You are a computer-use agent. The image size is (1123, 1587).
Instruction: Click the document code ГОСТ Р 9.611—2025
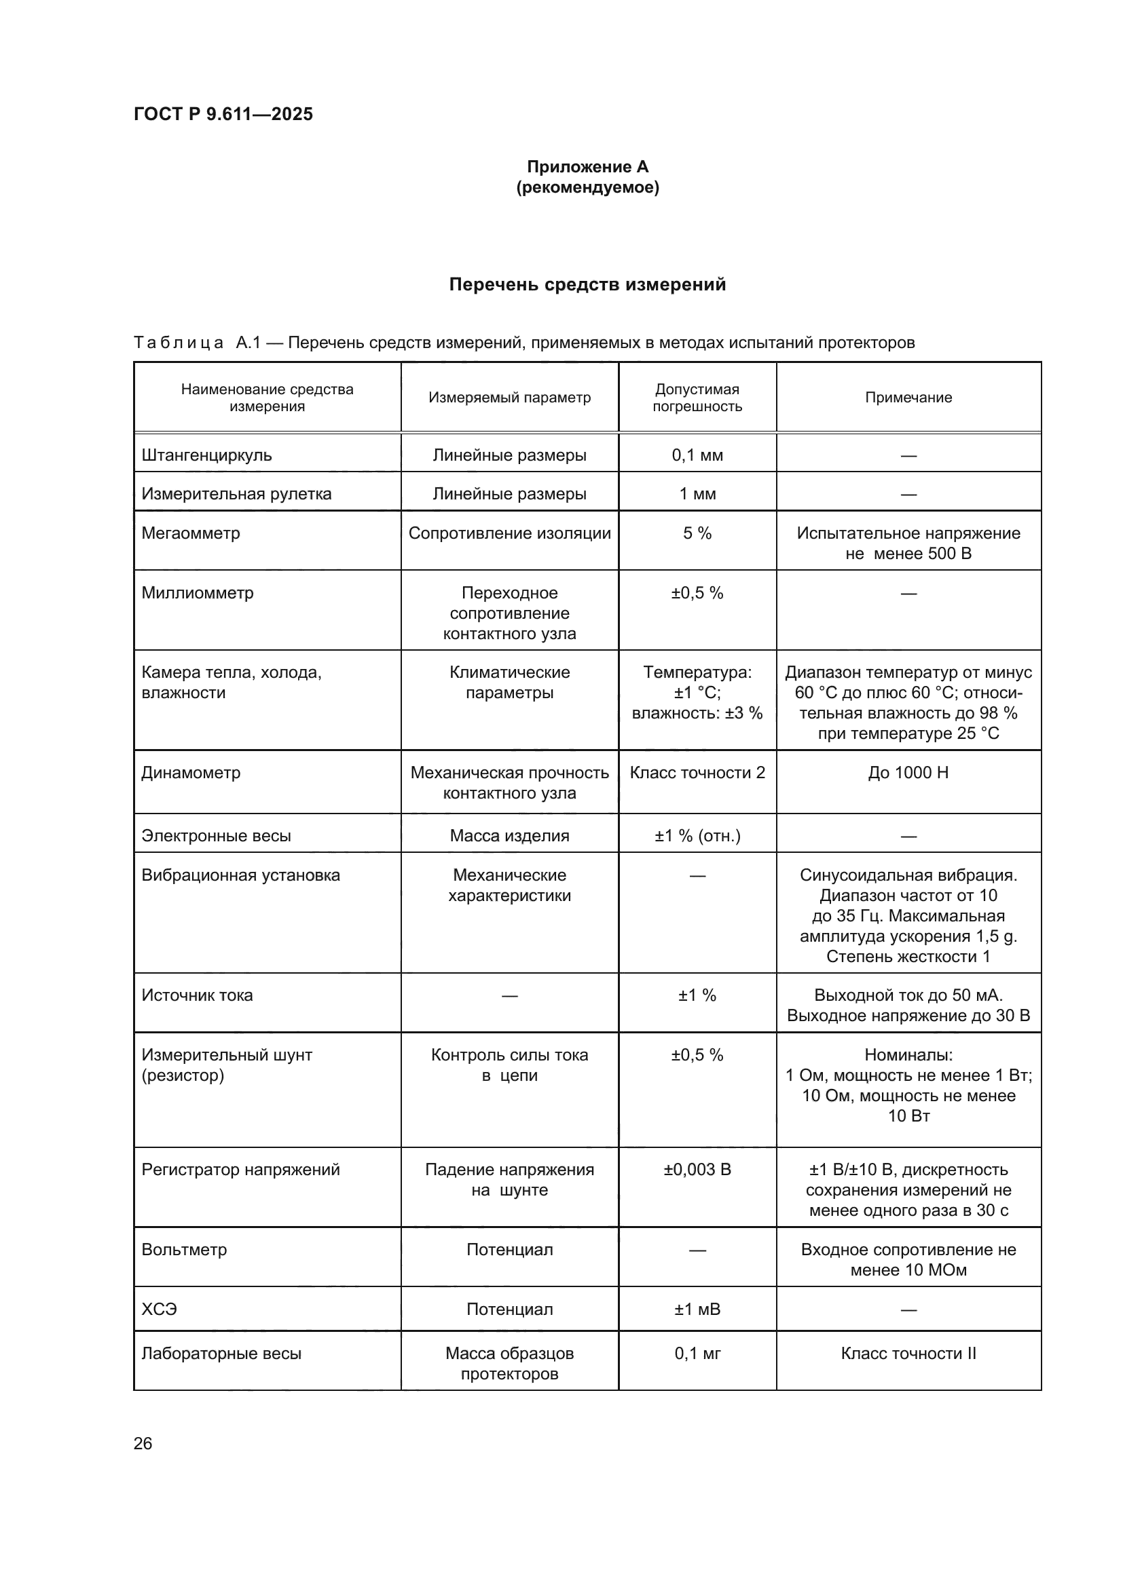point(223,114)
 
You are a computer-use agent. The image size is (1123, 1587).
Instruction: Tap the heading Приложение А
point(587,167)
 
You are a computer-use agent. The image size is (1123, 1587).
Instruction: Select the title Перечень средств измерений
point(587,285)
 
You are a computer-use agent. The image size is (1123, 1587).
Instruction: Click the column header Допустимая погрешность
point(697,398)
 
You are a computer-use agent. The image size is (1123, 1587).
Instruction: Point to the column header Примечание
point(908,398)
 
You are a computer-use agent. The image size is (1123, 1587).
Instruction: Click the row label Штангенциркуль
point(207,455)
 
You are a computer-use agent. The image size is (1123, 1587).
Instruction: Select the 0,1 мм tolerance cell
point(697,455)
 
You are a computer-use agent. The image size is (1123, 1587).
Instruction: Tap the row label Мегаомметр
point(191,533)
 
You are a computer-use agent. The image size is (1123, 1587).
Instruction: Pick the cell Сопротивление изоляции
point(510,533)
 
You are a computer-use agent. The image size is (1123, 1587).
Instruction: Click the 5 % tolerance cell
point(697,533)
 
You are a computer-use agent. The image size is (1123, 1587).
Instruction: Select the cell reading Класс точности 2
point(697,772)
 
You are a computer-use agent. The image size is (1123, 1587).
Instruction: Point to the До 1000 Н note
point(908,772)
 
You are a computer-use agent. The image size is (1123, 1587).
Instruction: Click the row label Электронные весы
point(217,836)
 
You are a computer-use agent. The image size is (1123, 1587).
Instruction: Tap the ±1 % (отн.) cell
point(697,836)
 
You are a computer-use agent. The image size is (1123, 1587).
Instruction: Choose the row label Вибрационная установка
point(240,875)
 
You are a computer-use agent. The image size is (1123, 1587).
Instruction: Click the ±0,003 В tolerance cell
point(697,1170)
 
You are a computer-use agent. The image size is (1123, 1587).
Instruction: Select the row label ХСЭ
point(160,1309)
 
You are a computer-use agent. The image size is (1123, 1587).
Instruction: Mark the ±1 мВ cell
point(697,1309)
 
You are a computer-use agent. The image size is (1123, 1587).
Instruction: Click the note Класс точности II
point(908,1354)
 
